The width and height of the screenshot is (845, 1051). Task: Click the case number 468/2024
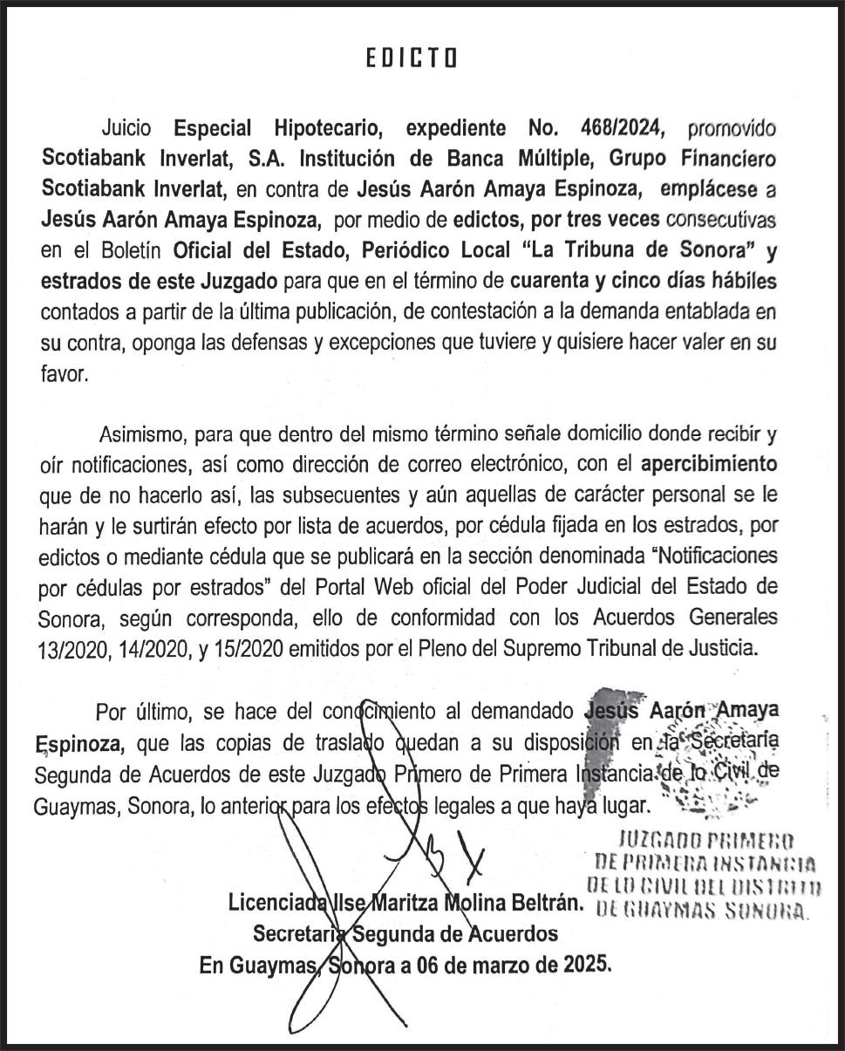click(622, 129)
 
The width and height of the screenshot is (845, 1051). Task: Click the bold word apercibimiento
click(709, 464)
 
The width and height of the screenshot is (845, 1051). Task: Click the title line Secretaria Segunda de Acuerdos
click(405, 934)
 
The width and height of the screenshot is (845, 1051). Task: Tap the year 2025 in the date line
click(588, 966)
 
